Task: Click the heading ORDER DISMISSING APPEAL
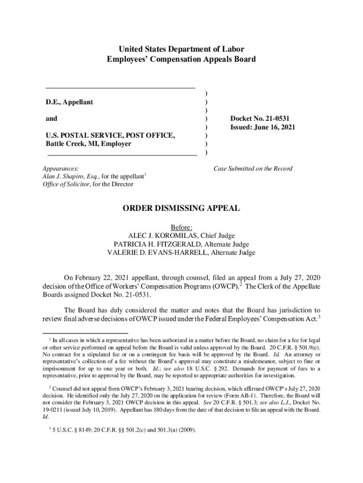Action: tap(181, 208)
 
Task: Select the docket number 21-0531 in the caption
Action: tap(278, 119)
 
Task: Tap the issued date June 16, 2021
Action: tap(274, 127)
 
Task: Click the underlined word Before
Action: tap(181, 227)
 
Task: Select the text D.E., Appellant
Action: tap(69, 102)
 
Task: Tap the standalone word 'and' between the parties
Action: tap(51, 119)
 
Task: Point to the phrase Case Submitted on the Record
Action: tap(253, 168)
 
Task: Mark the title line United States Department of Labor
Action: tap(181, 49)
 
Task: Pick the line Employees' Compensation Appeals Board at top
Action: tap(181, 59)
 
